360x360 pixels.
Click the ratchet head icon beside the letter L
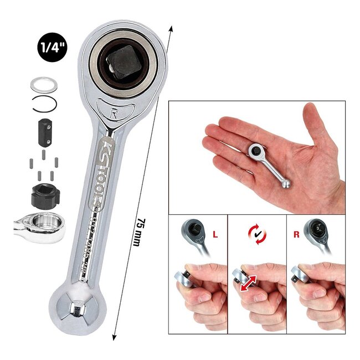195,232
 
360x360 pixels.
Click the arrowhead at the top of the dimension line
169,28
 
